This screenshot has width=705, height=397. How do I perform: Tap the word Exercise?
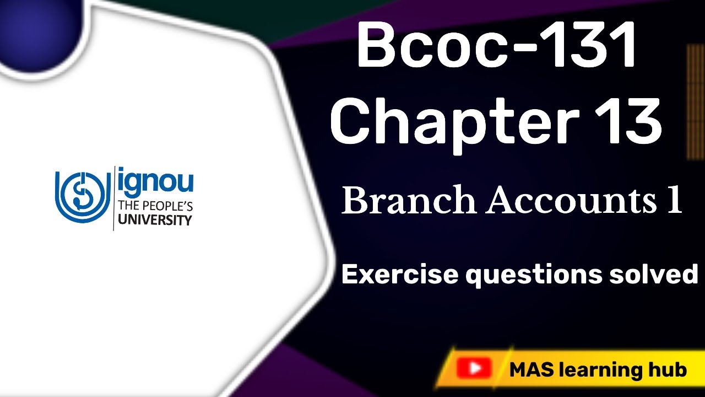click(399, 273)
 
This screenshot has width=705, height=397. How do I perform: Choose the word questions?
click(532, 275)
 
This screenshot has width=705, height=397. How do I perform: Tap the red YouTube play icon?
click(474, 368)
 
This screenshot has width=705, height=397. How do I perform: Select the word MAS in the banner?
click(530, 369)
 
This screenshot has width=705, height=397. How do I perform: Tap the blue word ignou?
click(155, 180)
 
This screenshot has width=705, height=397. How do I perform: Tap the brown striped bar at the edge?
click(696, 102)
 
